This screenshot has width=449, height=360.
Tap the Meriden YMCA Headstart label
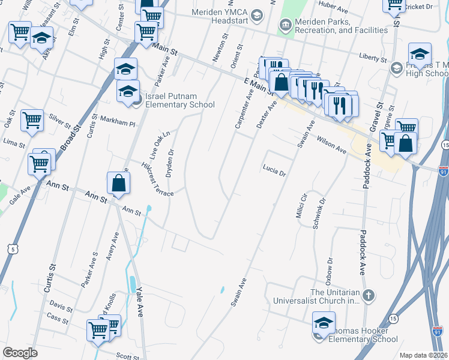coord(220,16)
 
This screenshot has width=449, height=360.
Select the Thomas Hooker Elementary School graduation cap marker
coord(323,325)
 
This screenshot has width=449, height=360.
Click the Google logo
coord(20,352)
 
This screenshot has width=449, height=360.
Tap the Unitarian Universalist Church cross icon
coord(369,295)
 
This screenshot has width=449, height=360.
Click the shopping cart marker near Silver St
coord(32,119)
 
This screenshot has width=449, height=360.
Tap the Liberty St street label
coord(372,58)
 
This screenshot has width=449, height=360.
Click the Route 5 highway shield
coord(13,248)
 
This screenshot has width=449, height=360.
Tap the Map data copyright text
coord(423,355)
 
